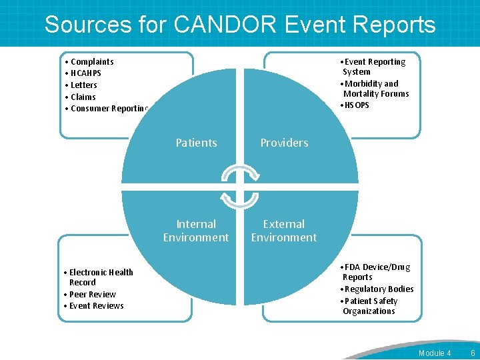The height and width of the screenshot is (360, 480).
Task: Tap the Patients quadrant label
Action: point(196,143)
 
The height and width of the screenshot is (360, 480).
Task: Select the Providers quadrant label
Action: point(284,143)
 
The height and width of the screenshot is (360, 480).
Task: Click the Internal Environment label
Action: point(196,231)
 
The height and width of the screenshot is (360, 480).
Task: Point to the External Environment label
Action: point(284,231)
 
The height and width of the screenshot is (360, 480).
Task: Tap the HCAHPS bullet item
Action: point(85,73)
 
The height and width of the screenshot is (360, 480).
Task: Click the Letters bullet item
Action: point(83,85)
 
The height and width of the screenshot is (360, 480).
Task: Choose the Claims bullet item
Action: point(83,97)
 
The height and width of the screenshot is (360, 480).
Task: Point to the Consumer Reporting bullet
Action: point(108,109)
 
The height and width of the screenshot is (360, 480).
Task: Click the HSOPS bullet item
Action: point(356,105)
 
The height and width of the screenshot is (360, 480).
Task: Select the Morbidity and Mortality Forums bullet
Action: point(375,89)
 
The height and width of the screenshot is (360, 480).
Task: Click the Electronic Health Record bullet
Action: point(100,277)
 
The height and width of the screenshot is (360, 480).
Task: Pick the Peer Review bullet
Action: point(92,294)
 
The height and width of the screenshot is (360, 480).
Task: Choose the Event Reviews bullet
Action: point(96,306)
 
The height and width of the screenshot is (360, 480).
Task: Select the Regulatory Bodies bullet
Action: point(378,289)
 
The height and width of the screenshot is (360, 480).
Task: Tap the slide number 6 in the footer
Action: point(473,353)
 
